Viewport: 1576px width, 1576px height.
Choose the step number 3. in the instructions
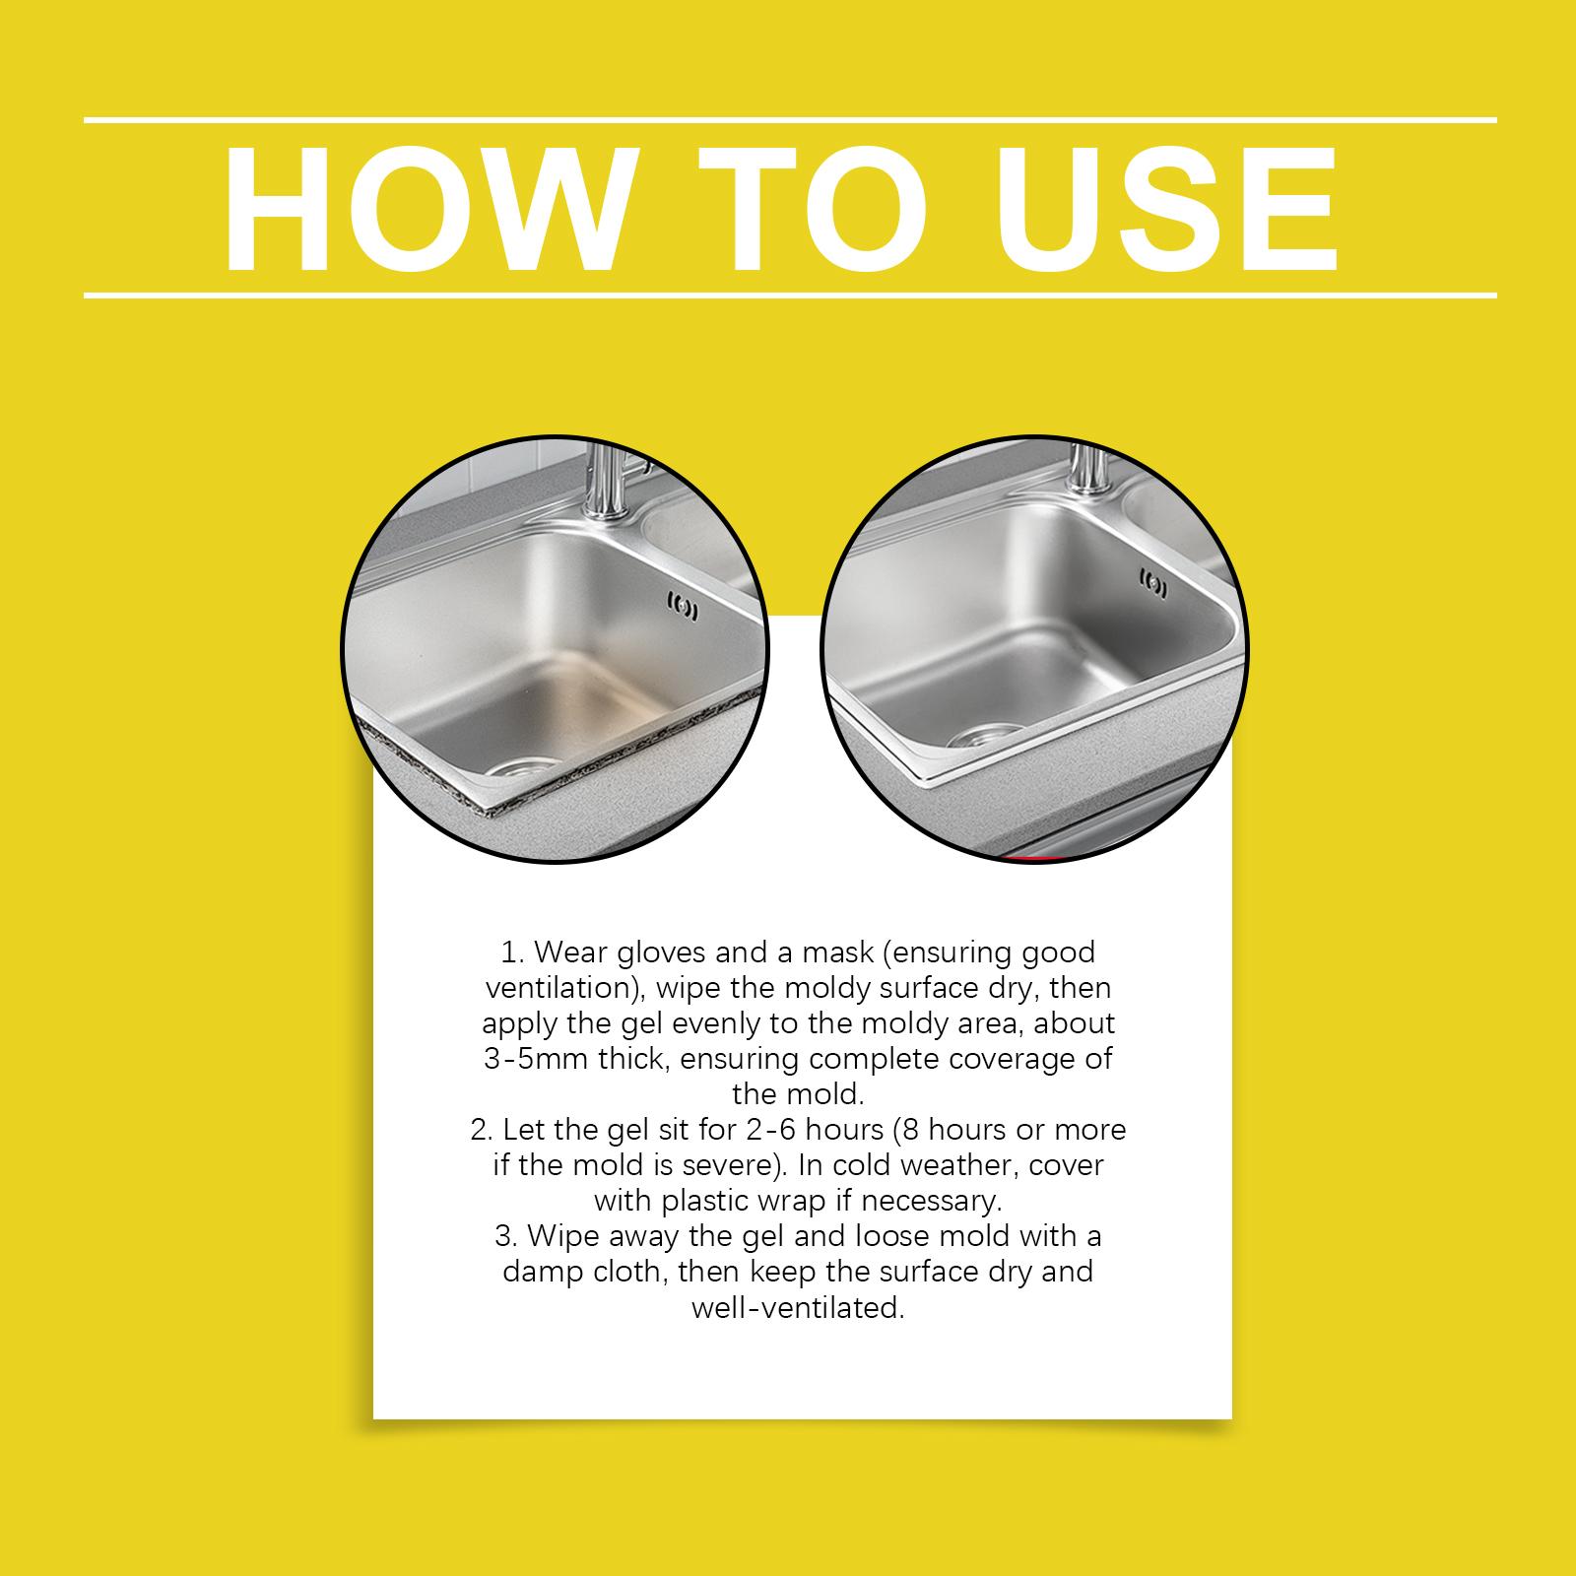click(508, 1236)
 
